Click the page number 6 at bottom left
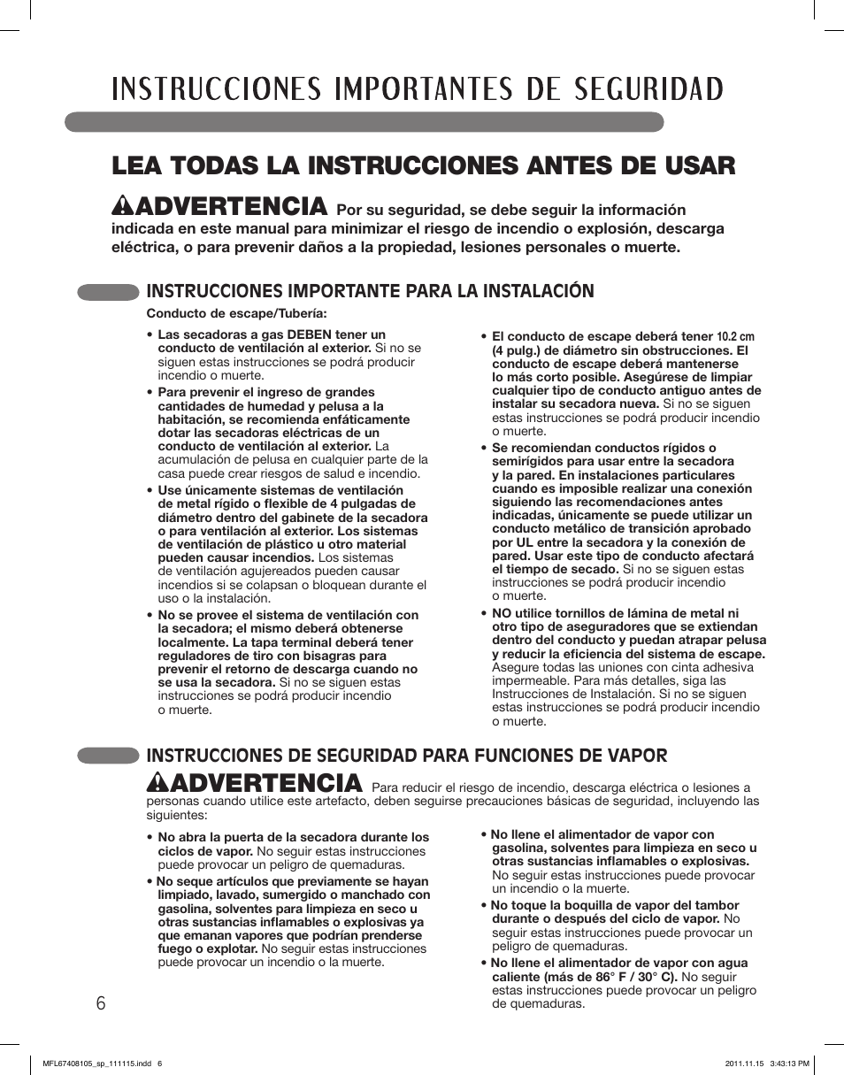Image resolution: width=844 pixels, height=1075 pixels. point(100,1003)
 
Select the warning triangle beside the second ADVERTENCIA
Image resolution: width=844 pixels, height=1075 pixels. point(157,782)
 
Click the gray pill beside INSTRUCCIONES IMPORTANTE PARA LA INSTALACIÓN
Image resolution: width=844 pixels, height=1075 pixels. point(108,291)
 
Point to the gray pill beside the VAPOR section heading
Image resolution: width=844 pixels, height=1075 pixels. point(108,755)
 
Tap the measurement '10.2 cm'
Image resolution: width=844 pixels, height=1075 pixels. point(736,336)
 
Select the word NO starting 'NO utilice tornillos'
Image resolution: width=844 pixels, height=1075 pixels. point(502,613)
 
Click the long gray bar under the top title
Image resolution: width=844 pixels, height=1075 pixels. point(364,122)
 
